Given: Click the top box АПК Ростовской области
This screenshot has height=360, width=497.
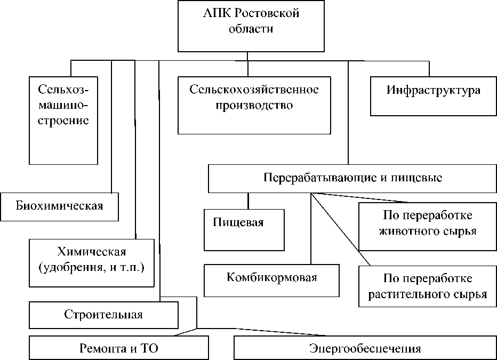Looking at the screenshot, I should pyautogui.click(x=251, y=26).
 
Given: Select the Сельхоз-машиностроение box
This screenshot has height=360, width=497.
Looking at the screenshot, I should pyautogui.click(x=63, y=120).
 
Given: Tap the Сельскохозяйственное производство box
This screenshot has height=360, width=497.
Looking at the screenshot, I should pyautogui.click(x=254, y=105).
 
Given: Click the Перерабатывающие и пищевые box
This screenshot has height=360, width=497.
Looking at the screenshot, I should pyautogui.click(x=352, y=178).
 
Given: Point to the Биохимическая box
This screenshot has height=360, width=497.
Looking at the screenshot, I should pyautogui.click(x=59, y=206).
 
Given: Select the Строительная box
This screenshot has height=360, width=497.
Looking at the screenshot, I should pyautogui.click(x=103, y=315).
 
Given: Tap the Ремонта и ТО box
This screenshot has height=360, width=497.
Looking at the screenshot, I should pyautogui.click(x=118, y=348).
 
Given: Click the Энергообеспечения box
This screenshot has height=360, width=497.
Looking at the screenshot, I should pyautogui.click(x=365, y=348).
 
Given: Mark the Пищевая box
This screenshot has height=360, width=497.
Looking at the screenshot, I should pyautogui.click(x=245, y=229).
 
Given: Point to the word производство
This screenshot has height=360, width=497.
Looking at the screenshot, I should pyautogui.click(x=254, y=105).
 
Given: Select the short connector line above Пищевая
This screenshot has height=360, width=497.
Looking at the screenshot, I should pyautogui.click(x=248, y=201).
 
